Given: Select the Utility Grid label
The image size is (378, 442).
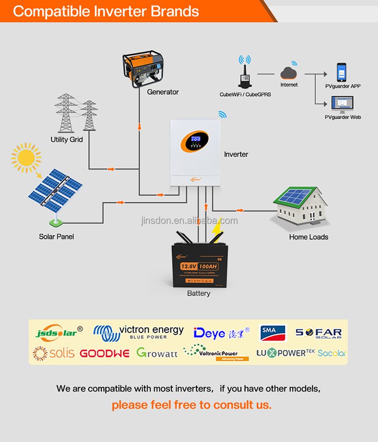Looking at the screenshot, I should pos(67,139).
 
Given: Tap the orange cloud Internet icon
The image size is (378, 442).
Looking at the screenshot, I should pos(289,73).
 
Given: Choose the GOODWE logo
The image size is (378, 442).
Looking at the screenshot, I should pos(104,353).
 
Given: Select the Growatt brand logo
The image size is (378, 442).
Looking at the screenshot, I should pos(157,353).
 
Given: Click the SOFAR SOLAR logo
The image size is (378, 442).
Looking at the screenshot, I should pos(319,333).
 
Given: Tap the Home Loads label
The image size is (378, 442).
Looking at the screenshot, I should pos(308,237).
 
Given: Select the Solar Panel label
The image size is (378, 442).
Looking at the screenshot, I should pos(56,237).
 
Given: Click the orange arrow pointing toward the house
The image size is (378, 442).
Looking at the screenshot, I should pos(239,210).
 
